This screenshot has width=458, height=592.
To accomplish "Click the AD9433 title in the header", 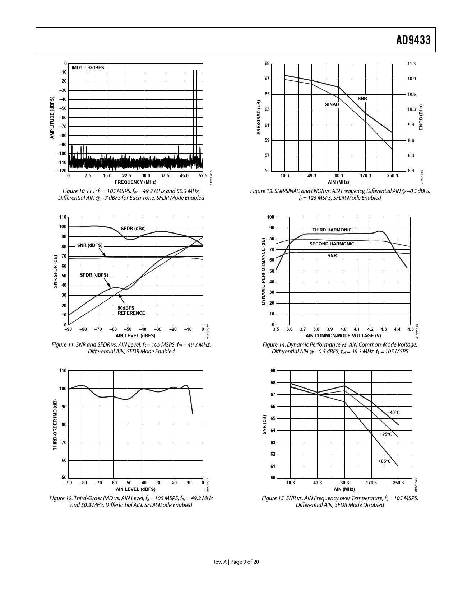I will click(413, 40).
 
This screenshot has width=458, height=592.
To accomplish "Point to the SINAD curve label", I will click(332, 105).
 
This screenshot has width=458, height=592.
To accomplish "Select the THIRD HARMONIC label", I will click(332, 230).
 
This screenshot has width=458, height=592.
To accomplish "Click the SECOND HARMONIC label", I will click(332, 244).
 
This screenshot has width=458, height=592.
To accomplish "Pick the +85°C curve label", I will click(385, 461).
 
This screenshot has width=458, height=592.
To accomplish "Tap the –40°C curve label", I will click(393, 413).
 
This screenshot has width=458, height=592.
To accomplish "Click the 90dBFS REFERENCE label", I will click(131, 311).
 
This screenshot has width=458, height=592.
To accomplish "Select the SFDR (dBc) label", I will click(133, 229).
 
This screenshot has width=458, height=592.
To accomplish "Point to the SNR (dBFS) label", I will click(90, 245).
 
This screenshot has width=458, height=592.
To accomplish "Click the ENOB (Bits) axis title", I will click(421, 117).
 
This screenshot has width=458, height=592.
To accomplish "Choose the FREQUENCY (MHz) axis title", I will click(135, 182).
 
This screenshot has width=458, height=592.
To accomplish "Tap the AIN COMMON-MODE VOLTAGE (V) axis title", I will click(343, 336).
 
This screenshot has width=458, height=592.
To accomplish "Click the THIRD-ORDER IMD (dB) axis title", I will click(55, 424).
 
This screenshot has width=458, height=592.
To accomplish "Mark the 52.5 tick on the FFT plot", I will click(203, 176).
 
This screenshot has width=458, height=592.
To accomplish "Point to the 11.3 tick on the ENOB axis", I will click(411, 64).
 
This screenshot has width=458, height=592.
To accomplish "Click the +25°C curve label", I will click(386, 434).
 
